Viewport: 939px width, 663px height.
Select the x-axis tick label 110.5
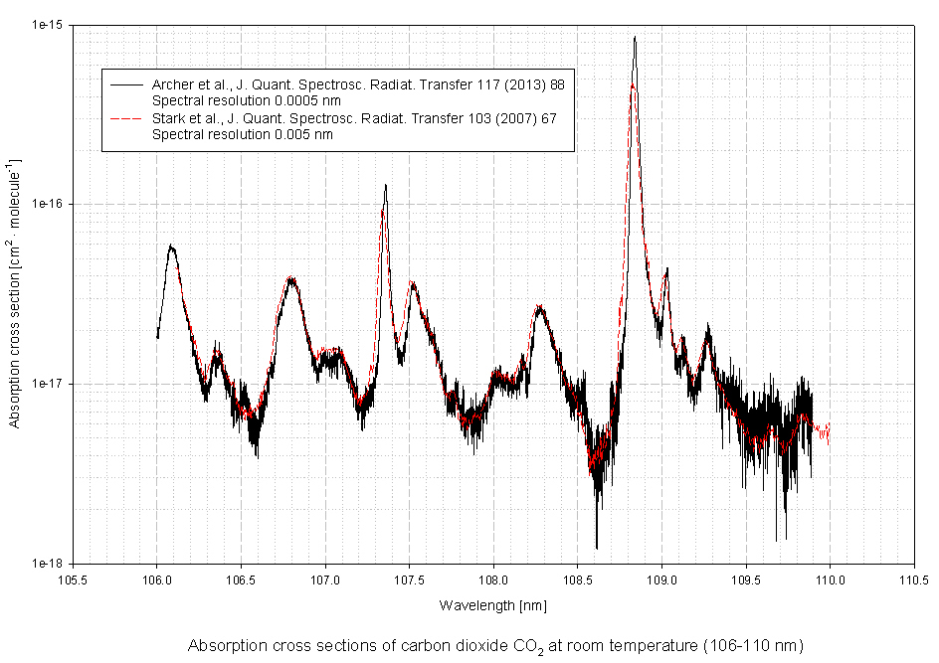914,580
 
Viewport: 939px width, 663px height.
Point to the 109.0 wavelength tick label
661,580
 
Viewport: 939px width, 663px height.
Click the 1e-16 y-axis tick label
49,204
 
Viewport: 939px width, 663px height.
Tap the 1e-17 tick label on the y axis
49,384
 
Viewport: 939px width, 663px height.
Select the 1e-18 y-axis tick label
49,563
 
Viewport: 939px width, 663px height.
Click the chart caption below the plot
493,644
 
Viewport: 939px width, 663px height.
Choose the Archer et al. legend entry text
358,84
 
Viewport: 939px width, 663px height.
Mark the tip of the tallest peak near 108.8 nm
635,38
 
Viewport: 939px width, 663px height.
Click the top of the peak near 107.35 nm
385,185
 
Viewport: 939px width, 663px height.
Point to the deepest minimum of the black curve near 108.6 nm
597,548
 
